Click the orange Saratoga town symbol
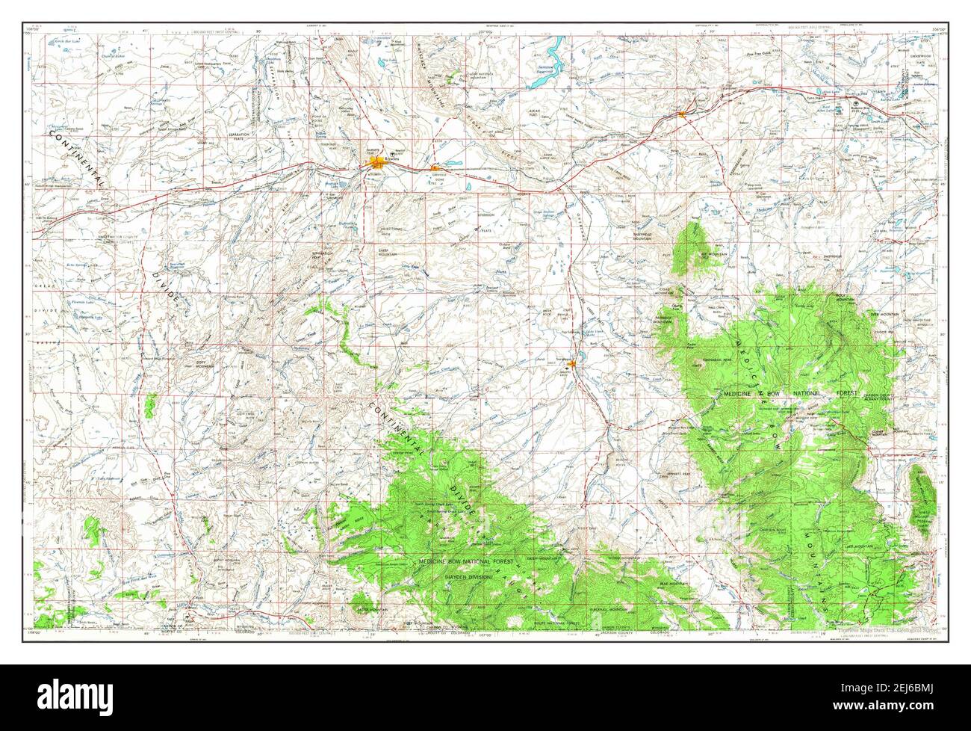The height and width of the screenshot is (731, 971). coord(571,364)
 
